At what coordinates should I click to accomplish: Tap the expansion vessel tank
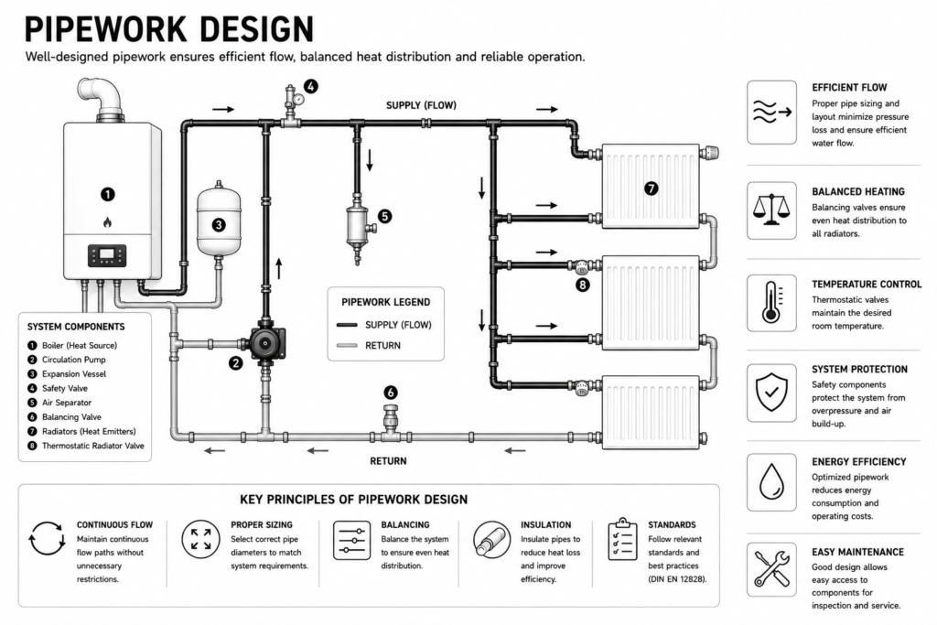pyautogui.click(x=219, y=221)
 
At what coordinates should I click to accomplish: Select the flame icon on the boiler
pyautogui.click(x=108, y=222)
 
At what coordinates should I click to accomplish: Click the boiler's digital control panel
pyautogui.click(x=108, y=255)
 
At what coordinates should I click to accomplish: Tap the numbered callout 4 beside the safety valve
pyautogui.click(x=311, y=87)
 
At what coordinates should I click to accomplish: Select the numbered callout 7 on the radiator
pyautogui.click(x=652, y=189)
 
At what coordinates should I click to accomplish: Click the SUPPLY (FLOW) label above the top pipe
pyautogui.click(x=421, y=106)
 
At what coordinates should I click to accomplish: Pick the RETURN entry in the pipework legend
pyautogui.click(x=383, y=345)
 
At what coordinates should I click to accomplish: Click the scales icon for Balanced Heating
pyautogui.click(x=771, y=210)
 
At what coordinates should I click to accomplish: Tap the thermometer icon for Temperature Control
pyautogui.click(x=771, y=303)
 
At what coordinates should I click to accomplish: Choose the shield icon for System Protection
pyautogui.click(x=771, y=393)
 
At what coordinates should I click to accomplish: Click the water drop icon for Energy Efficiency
pyautogui.click(x=771, y=481)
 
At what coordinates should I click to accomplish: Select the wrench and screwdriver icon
pyautogui.click(x=771, y=569)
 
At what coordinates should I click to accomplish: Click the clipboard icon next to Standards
pyautogui.click(x=622, y=540)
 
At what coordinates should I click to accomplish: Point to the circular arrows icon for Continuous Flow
pyautogui.click(x=47, y=539)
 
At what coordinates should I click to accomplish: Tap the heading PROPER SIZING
pyautogui.click(x=262, y=524)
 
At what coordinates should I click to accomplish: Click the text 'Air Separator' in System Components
pyautogui.click(x=67, y=403)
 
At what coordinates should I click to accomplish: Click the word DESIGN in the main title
pyautogui.click(x=254, y=28)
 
